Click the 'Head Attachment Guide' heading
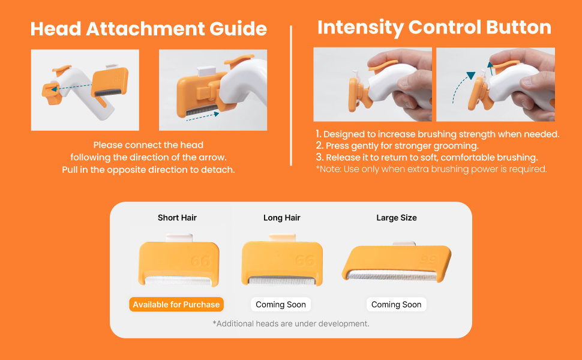pyautogui.click(x=148, y=29)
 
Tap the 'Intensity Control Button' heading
pyautogui.click(x=434, y=28)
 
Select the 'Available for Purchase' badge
pyautogui.click(x=176, y=304)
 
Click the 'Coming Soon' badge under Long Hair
pyautogui.click(x=281, y=304)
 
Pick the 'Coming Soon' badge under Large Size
pyautogui.click(x=397, y=304)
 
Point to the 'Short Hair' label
pyautogui.click(x=177, y=217)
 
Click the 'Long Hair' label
pyautogui.click(x=282, y=217)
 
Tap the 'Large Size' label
pyautogui.click(x=397, y=217)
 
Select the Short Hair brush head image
pyautogui.click(x=179, y=260)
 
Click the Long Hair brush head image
pyautogui.click(x=282, y=260)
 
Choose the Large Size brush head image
pyautogui.click(x=397, y=262)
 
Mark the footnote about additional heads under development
pyautogui.click(x=291, y=323)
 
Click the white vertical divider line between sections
pyautogui.click(x=291, y=95)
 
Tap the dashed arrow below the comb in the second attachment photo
pyautogui.click(x=203, y=116)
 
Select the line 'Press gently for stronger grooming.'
pyautogui.click(x=397, y=145)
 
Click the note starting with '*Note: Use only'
pyautogui.click(x=431, y=169)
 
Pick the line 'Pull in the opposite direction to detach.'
pyautogui.click(x=148, y=170)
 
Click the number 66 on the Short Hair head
pyautogui.click(x=201, y=261)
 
